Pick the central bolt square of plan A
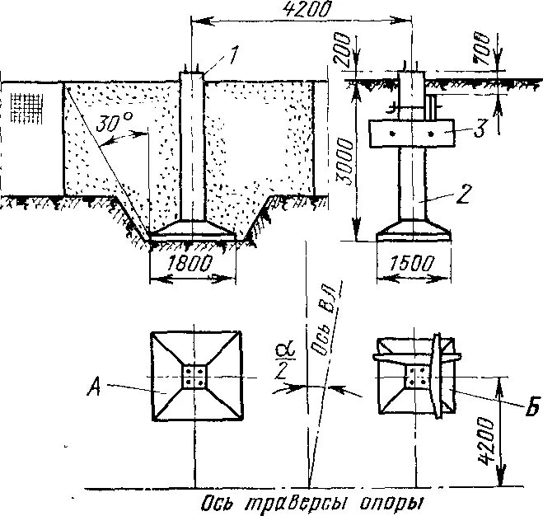click(195, 378)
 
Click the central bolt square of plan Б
click(416, 378)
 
